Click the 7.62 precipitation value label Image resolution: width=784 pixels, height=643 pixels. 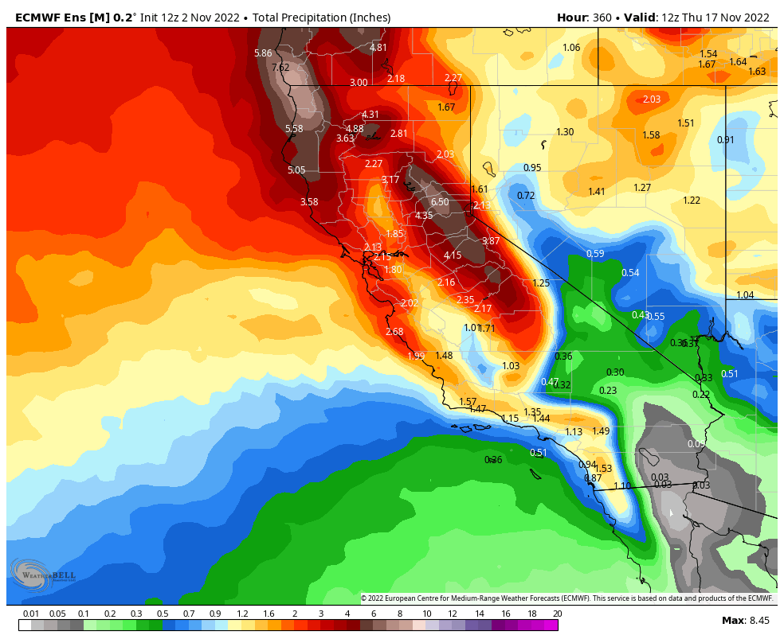(x=280, y=68)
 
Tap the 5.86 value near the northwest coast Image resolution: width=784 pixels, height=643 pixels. (x=263, y=53)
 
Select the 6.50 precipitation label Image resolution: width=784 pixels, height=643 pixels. (x=440, y=202)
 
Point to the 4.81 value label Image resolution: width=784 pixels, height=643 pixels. (x=378, y=48)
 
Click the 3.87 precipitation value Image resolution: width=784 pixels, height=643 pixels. (x=491, y=241)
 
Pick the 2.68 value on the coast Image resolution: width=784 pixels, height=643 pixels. (x=394, y=332)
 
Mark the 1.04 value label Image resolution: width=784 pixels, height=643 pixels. (x=745, y=295)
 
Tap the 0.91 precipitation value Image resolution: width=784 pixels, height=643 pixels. (x=725, y=140)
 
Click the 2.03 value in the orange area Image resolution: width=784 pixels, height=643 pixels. (x=652, y=99)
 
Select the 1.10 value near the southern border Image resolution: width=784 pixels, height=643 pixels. (x=622, y=486)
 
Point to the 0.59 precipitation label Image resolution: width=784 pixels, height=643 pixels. (x=595, y=254)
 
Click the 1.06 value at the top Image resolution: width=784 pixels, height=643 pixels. (x=571, y=48)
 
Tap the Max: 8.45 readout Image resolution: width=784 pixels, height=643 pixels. (x=745, y=620)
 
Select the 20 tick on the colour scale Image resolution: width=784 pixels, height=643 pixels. (x=557, y=614)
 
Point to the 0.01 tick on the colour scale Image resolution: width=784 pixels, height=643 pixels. (x=31, y=614)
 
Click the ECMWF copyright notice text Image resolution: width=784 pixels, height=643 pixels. (x=566, y=598)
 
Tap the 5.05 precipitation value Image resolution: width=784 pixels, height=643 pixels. (x=296, y=170)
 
